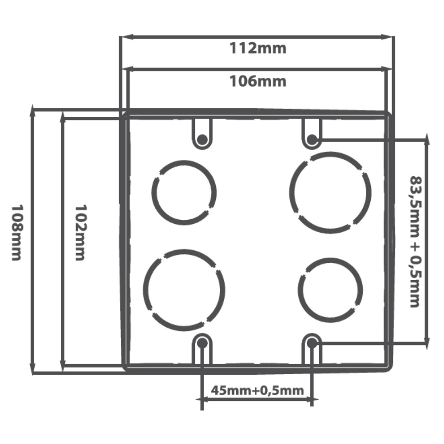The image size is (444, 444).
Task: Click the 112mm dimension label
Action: pos(258,48)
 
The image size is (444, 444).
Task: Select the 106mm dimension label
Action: pos(258,81)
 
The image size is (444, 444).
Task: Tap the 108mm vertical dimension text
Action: pos(17,233)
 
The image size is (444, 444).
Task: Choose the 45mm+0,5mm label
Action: pos(258,390)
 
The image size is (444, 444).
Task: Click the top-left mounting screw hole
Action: pos(202,139)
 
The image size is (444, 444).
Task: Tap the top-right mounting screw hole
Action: pos(312,139)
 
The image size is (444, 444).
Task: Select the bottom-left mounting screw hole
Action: pos(202,343)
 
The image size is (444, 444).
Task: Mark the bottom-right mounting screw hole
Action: pos(312,343)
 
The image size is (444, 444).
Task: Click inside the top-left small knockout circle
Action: pos(184,193)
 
